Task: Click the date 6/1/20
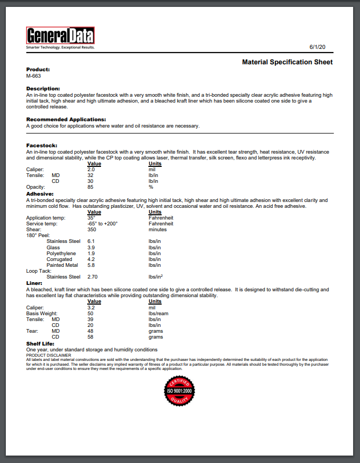[x=317, y=47]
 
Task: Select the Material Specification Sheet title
[x=287, y=62]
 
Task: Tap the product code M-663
[x=34, y=75]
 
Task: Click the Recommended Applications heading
[x=66, y=120]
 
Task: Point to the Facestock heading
[x=41, y=145]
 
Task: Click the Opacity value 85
[x=90, y=187]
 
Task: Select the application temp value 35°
[x=91, y=217]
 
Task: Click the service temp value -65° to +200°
[x=102, y=223]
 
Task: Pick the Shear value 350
[x=92, y=229]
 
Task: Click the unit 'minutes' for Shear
[x=157, y=229]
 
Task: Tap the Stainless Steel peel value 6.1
[x=91, y=241]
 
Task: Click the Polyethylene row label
[x=62, y=253]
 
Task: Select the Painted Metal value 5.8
[x=91, y=265]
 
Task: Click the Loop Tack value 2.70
[x=93, y=277]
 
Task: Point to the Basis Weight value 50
[x=90, y=313]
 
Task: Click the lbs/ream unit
[x=158, y=313]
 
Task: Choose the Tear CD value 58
[x=90, y=337]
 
